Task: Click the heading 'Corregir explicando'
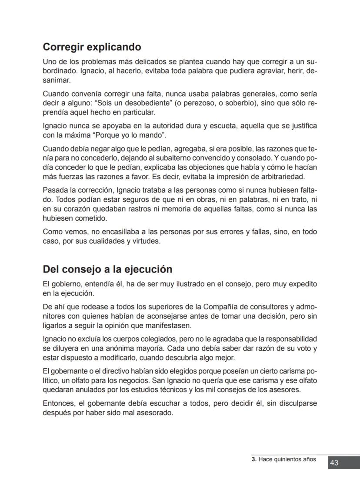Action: click(92, 47)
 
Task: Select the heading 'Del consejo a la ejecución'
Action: click(107, 269)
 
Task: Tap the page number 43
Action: click(334, 463)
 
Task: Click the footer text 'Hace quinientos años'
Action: click(287, 460)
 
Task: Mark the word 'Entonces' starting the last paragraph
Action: click(57, 403)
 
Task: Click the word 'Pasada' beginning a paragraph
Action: click(54, 190)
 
